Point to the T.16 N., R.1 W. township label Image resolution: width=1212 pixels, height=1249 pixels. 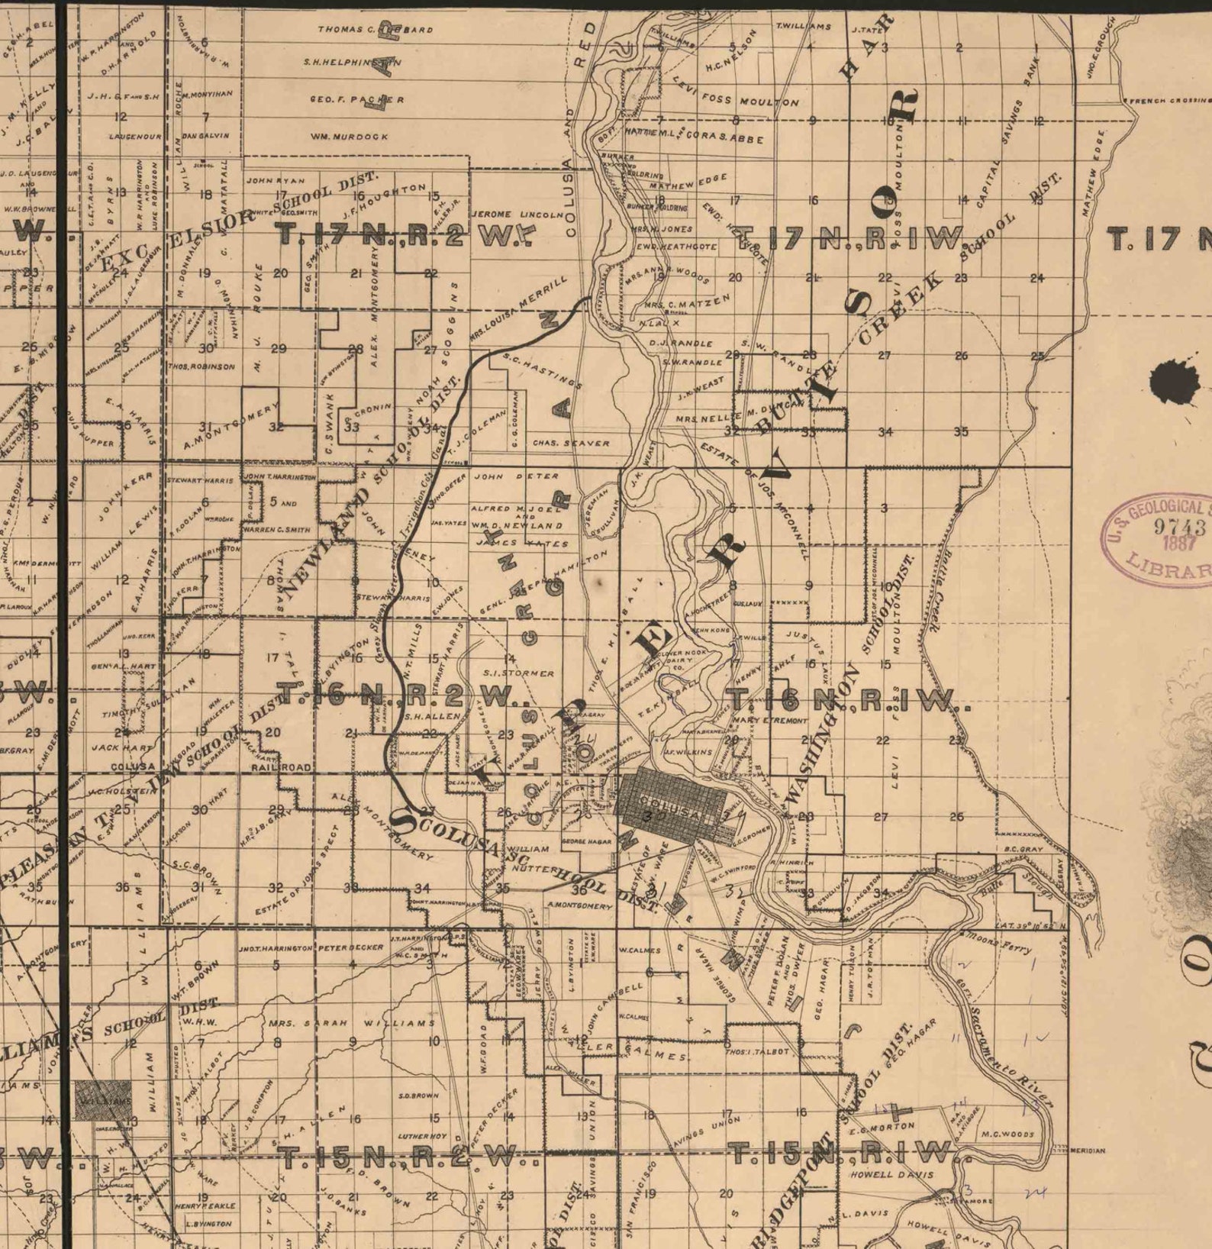pyautogui.click(x=847, y=699)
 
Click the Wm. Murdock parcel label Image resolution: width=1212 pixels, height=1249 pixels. pyautogui.click(x=349, y=137)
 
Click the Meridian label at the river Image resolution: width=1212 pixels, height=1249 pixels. pyautogui.click(x=1087, y=1150)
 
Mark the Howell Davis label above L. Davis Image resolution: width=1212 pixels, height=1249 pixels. pyautogui.click(x=891, y=1174)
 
